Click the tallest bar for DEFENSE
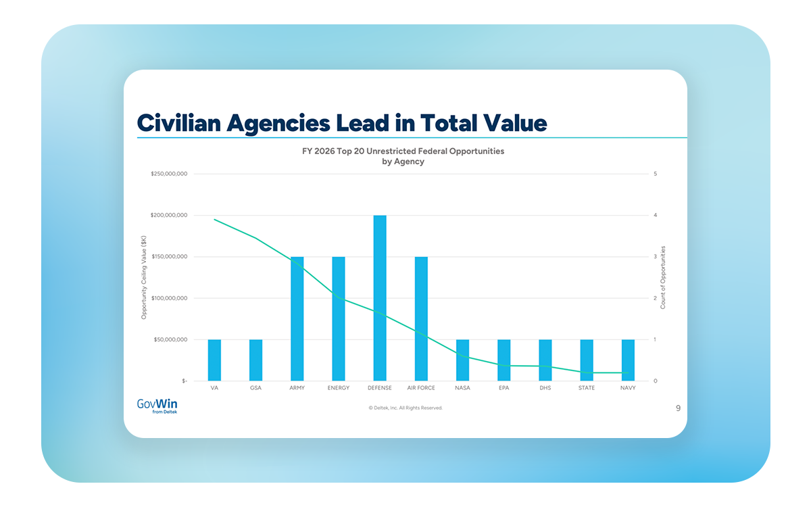click(380, 297)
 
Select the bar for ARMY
click(297, 318)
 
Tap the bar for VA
click(214, 360)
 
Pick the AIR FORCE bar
click(421, 318)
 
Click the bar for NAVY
click(628, 360)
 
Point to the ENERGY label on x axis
click(338, 388)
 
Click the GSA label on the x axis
click(255, 388)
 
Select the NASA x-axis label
click(462, 388)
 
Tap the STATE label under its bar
click(587, 388)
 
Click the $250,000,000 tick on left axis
click(169, 174)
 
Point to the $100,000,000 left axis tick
click(169, 298)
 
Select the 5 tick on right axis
click(656, 174)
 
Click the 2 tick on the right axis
click(656, 298)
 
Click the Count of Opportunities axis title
click(663, 278)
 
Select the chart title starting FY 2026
click(403, 156)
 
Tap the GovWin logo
click(157, 406)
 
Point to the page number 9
click(678, 408)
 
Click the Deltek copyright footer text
click(405, 408)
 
